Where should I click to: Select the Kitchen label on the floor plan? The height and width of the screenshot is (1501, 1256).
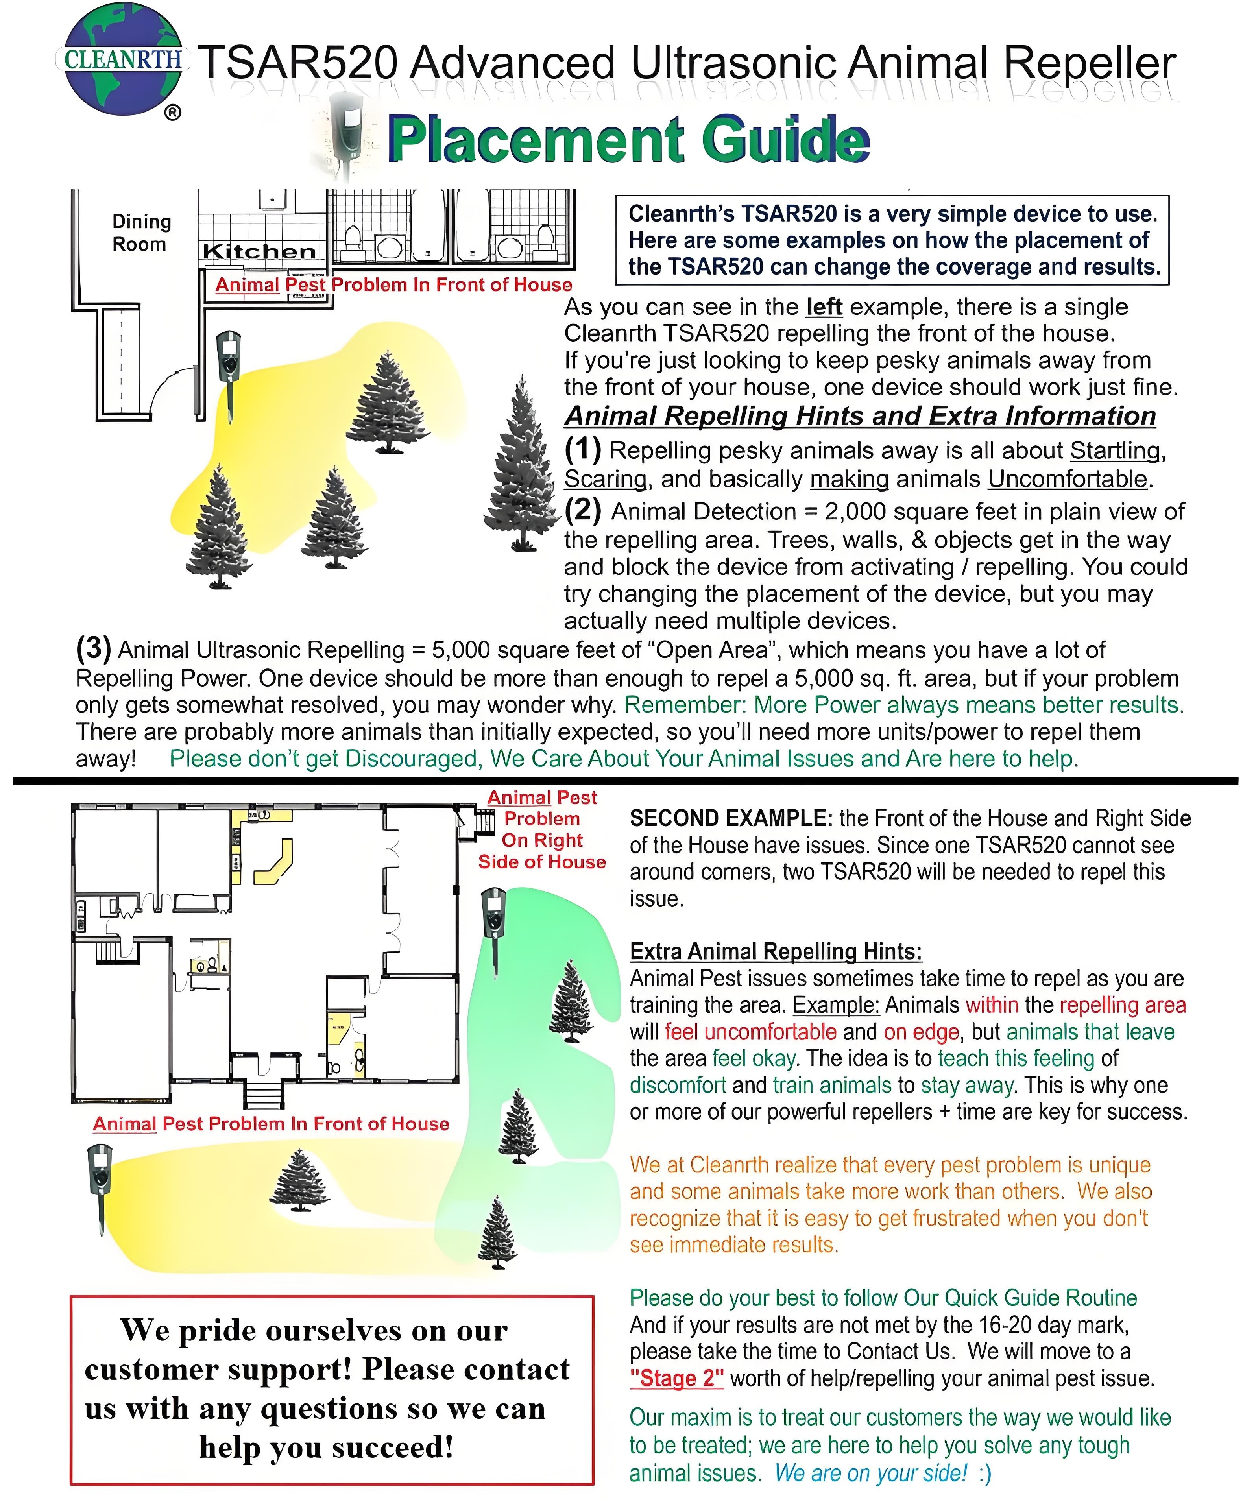[x=259, y=251]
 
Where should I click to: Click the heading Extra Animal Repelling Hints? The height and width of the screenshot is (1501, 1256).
[x=776, y=951]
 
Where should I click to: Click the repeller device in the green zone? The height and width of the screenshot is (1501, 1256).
[x=493, y=922]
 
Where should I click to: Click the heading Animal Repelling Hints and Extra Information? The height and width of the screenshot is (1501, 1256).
[x=860, y=416]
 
